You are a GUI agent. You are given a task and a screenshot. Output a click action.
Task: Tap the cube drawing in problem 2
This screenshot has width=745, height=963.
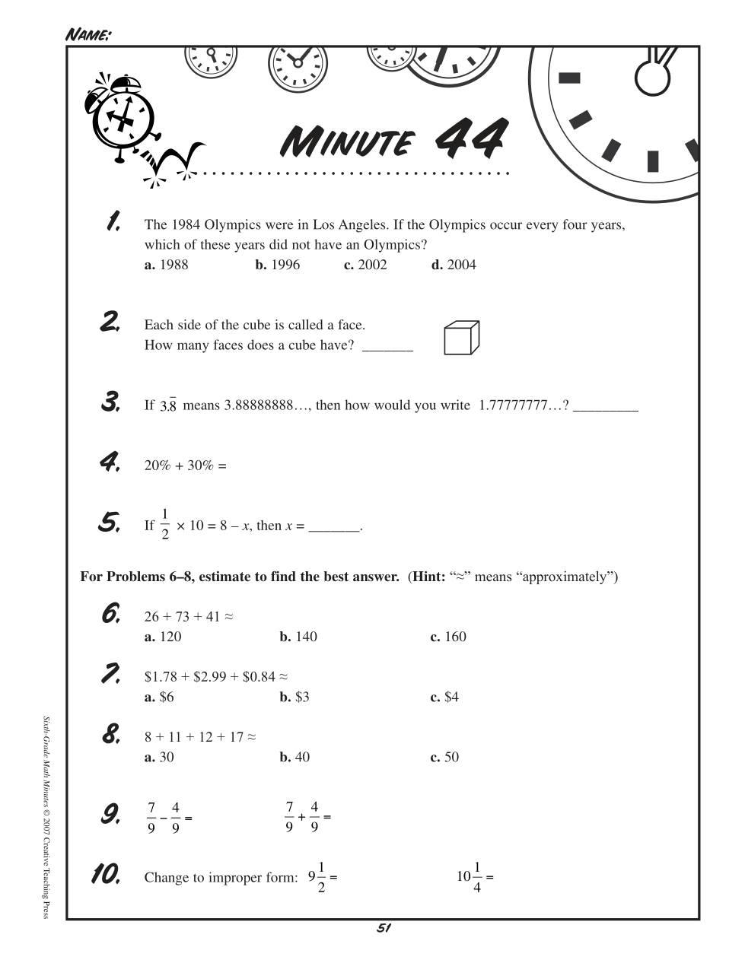(x=461, y=337)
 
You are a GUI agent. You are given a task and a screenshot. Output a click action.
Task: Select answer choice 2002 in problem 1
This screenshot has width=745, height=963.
(x=365, y=265)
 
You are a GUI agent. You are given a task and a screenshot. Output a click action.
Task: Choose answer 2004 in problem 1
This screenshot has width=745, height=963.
(x=454, y=265)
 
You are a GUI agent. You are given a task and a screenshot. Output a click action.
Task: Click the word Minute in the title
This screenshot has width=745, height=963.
(x=347, y=140)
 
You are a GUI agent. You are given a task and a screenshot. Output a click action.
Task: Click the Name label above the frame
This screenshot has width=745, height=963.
(x=88, y=34)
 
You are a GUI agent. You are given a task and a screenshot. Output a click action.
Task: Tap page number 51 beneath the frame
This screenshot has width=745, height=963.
(x=384, y=927)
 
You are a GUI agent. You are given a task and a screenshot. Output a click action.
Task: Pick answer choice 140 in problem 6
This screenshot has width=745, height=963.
(x=298, y=637)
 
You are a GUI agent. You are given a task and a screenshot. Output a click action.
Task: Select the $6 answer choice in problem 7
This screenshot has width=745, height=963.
(x=158, y=697)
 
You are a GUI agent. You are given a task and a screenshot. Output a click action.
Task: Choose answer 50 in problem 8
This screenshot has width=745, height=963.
(x=444, y=757)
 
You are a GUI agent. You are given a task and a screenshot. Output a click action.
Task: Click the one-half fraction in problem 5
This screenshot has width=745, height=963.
(x=165, y=524)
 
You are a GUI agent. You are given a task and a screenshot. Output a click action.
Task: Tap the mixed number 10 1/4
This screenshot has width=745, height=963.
(x=469, y=877)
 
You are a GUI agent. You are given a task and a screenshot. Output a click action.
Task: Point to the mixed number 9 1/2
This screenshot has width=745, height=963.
(x=317, y=877)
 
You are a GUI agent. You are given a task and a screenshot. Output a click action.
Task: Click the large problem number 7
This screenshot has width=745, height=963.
(x=110, y=674)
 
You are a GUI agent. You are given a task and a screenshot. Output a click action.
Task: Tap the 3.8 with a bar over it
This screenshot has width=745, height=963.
(x=168, y=404)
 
